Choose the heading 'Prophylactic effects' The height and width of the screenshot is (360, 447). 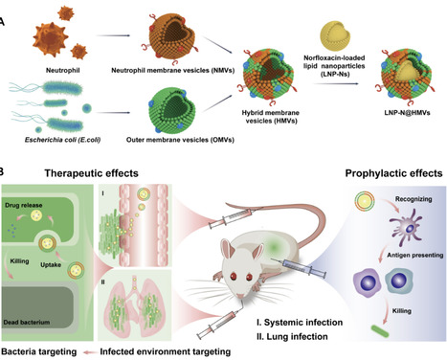[x=392, y=175]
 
